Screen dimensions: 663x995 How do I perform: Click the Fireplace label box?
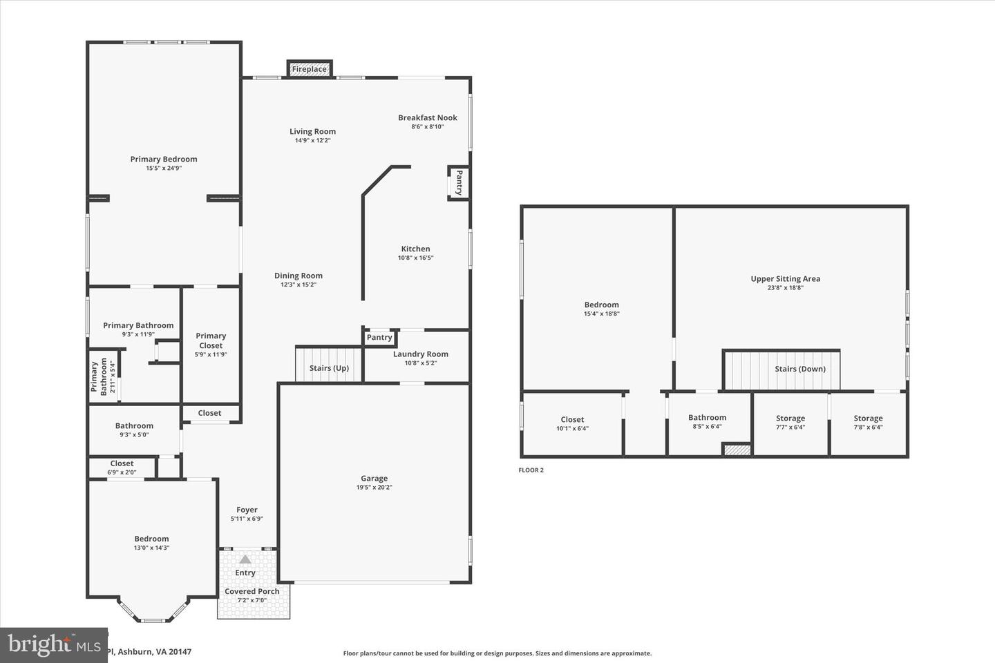click(x=310, y=69)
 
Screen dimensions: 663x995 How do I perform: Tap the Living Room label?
click(x=312, y=131)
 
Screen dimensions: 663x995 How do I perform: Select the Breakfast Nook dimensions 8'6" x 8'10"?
click(x=427, y=127)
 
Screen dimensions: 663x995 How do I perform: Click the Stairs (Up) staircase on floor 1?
click(x=329, y=364)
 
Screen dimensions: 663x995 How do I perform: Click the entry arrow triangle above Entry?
click(x=245, y=559)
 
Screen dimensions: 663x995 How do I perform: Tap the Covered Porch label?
click(x=252, y=591)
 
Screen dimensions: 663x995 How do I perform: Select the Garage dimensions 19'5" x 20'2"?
click(x=374, y=488)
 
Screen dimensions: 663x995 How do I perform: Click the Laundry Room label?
click(x=420, y=354)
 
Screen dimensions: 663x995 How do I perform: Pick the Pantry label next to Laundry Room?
click(x=379, y=337)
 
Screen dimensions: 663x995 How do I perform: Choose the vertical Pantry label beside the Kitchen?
click(x=458, y=183)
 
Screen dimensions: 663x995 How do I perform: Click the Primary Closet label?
click(x=211, y=340)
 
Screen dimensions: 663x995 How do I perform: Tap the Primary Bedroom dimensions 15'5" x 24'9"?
click(x=164, y=168)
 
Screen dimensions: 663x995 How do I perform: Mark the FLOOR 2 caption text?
click(x=531, y=470)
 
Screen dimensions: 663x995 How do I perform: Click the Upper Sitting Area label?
click(x=786, y=279)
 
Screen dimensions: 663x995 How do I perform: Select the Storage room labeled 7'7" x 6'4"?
click(x=790, y=422)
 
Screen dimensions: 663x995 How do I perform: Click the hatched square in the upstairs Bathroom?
click(x=737, y=450)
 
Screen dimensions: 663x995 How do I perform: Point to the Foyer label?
click(x=247, y=510)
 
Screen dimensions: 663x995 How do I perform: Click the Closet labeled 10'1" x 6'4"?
click(x=572, y=423)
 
